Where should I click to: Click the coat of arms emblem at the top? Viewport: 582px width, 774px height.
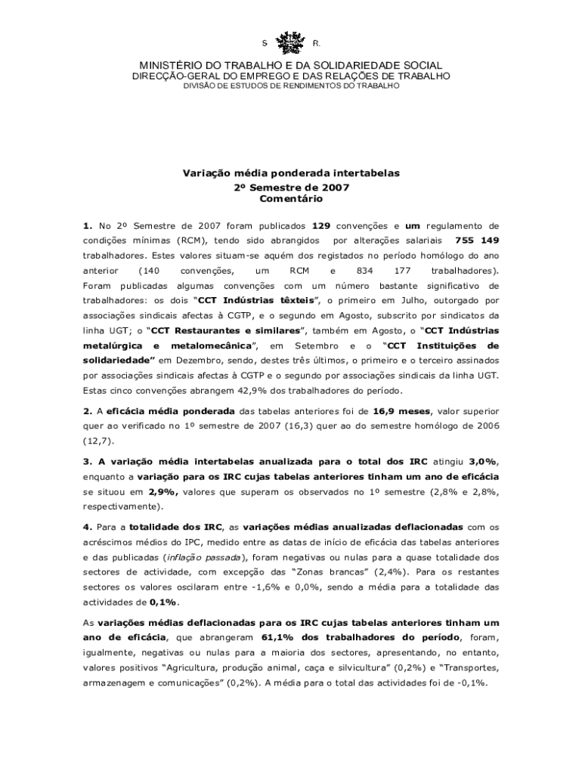point(291,42)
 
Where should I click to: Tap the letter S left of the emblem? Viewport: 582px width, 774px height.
point(265,43)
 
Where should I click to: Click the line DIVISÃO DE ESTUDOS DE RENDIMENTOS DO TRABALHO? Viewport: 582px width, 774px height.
point(292,87)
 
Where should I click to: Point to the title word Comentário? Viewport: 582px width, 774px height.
point(291,199)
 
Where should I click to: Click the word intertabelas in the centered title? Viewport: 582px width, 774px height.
point(367,173)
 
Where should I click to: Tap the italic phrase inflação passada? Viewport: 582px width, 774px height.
point(206,556)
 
